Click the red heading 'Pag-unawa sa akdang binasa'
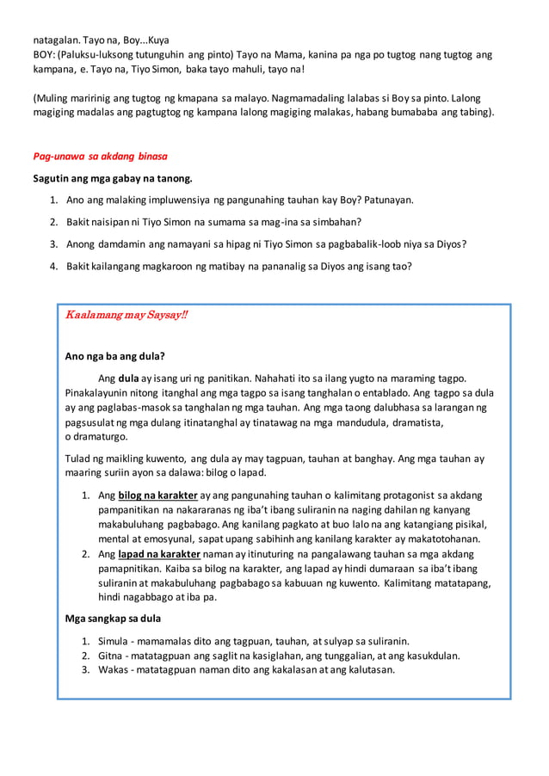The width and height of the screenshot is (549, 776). tap(100, 157)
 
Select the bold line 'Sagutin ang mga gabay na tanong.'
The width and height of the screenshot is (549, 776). tap(113, 178)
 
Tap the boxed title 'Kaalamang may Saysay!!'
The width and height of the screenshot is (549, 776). tap(126, 316)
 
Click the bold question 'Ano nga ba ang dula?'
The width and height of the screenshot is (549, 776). tap(115, 356)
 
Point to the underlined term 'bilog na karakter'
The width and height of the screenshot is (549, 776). tap(158, 496)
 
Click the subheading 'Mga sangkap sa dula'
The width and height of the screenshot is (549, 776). tap(113, 618)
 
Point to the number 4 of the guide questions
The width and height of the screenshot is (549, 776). tap(53, 266)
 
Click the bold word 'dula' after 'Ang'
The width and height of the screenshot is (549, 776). tap(128, 378)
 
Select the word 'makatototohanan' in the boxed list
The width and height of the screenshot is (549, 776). tap(438, 539)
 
